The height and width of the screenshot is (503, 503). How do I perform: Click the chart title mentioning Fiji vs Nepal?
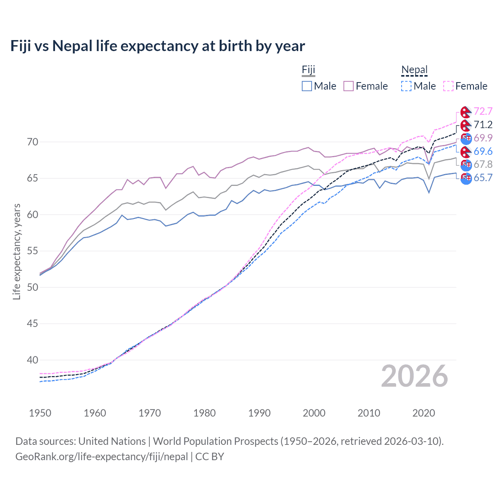158,46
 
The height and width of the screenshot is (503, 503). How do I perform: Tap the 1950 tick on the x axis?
40,413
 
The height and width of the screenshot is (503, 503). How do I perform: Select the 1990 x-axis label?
259,413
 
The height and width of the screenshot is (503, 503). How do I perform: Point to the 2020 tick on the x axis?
424,413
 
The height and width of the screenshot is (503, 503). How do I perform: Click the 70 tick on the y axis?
33,142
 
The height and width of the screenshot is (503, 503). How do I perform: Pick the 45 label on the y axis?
33,324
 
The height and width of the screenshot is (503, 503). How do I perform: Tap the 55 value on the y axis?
33,251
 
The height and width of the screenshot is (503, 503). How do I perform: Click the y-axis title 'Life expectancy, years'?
17,251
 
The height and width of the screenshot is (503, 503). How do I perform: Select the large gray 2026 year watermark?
414,376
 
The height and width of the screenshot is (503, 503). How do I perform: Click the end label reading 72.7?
483,112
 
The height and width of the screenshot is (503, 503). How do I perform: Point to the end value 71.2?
483,125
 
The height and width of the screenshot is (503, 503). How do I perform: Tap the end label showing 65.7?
483,178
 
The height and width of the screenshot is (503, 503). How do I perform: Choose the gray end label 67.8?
483,164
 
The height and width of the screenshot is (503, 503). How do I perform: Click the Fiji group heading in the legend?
308,70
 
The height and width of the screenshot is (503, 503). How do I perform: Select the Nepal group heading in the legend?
414,70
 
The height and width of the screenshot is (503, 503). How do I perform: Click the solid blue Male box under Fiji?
307,86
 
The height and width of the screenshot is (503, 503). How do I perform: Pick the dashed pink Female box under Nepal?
448,86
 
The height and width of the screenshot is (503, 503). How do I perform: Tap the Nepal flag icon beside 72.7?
466,112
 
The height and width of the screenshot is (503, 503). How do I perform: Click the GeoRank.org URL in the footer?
101,457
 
